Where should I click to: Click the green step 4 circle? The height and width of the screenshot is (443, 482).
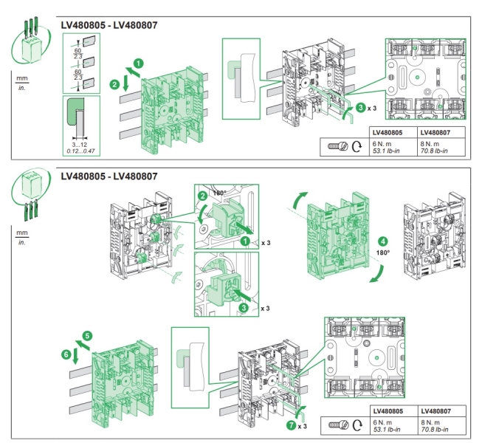pyautogui.click(x=382, y=241)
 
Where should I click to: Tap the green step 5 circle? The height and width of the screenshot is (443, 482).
pyautogui.click(x=86, y=335)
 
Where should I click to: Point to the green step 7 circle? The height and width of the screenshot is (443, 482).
pyautogui.click(x=292, y=426)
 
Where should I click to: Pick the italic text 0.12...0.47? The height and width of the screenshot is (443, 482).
pyautogui.click(x=78, y=151)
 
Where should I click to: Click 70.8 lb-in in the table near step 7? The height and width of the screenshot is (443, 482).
pyautogui.click(x=436, y=429)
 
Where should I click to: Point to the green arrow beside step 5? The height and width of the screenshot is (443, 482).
pyautogui.click(x=76, y=344)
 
